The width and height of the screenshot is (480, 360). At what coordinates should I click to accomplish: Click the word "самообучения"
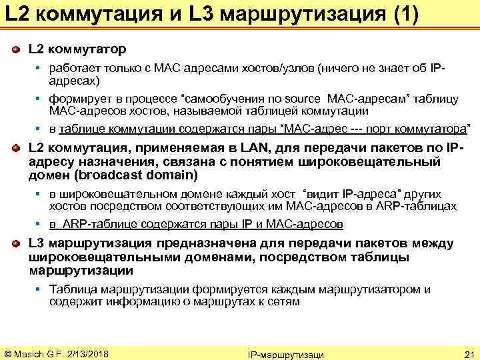246,99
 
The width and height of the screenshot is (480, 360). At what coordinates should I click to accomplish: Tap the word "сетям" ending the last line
287,302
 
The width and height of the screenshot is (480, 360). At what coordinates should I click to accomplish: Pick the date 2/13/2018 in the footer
86,353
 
